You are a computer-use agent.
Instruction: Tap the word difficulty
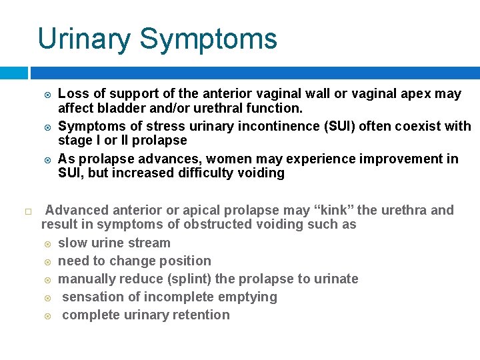[223, 173]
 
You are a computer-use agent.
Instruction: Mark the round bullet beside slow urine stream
[47, 243]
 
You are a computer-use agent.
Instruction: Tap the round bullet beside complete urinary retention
[47, 315]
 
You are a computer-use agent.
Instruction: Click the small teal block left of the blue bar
[13, 72]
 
